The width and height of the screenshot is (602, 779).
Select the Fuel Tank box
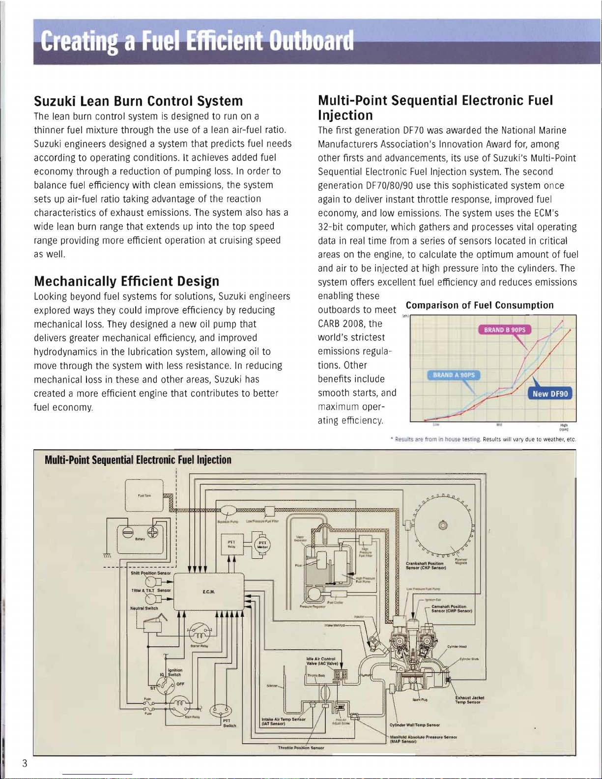click(144, 495)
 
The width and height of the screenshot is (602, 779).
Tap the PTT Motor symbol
click(262, 544)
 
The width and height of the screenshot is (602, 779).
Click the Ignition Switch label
click(174, 672)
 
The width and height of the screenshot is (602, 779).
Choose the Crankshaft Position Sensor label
click(426, 565)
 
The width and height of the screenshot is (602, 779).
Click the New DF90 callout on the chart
click(550, 394)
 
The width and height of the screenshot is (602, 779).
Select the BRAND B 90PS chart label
click(505, 330)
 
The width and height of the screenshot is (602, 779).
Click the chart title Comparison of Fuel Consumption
click(480, 305)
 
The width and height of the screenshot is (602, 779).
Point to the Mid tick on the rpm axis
click(498, 425)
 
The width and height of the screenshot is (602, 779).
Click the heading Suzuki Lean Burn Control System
click(138, 101)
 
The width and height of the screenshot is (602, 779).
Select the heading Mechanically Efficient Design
click(126, 281)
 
